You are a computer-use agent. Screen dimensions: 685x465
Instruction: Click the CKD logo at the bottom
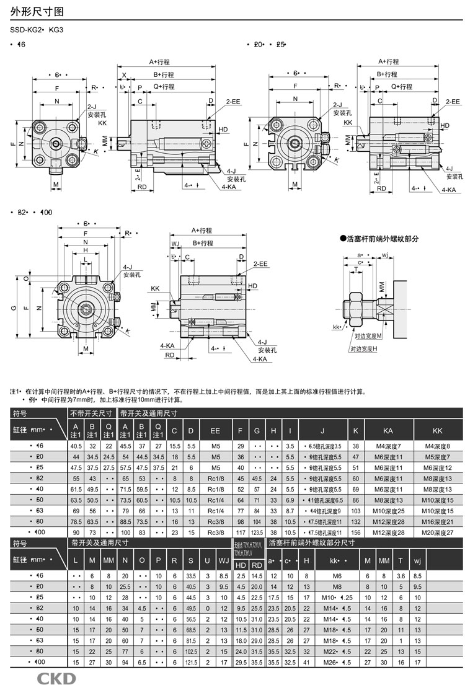(56, 677)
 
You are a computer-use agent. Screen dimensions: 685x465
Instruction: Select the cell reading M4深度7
(388, 446)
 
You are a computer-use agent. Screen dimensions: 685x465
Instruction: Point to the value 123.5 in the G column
(257, 533)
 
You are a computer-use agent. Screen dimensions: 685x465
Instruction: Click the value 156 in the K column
(355, 533)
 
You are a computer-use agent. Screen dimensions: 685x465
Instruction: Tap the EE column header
(215, 430)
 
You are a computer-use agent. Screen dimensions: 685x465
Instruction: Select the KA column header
(388, 430)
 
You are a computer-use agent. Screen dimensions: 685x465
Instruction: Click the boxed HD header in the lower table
(241, 565)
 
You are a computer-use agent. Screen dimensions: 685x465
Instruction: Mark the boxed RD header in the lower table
(256, 565)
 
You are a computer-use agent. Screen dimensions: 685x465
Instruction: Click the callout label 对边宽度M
(369, 335)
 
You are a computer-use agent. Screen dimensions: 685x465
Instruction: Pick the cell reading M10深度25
(388, 510)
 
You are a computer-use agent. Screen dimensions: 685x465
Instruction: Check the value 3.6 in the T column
(400, 576)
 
